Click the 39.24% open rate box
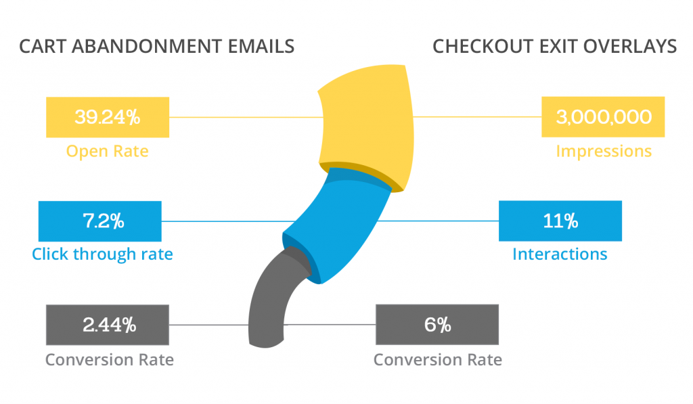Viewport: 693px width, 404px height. coord(107,117)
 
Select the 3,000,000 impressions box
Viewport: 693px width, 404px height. coord(603,117)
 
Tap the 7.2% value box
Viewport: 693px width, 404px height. coord(100,221)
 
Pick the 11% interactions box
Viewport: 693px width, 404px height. coord(560,221)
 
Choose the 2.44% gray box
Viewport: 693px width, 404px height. coord(107,325)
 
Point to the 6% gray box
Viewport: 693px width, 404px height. coord(437,325)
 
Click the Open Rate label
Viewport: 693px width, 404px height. coord(107,151)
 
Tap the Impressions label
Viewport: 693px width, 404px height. coord(604,151)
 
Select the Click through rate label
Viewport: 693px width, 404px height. coord(102,254)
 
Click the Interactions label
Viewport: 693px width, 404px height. coord(560,254)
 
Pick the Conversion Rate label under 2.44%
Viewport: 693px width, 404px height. coord(110,359)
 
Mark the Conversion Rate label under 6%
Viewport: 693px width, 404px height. coord(438,359)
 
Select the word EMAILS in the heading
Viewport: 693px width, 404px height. coord(263,47)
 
